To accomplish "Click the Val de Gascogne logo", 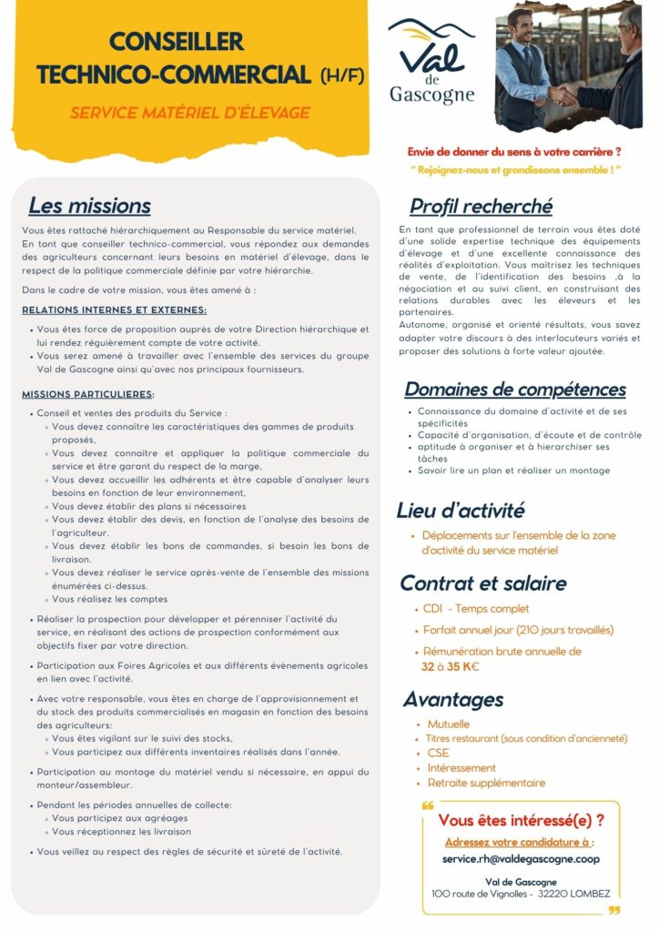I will pos(431,64).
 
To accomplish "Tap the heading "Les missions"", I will pos(89,206).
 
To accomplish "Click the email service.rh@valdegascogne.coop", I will pos(521,858).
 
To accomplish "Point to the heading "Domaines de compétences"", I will pos(515,390).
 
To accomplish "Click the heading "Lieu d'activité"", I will pos(461,510).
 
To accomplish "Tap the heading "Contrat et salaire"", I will pos(483,582).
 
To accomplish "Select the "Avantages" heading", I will pos(453,699).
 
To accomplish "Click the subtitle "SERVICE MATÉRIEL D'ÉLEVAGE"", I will pos(190,113).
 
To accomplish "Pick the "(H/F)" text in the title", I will pos(343,76).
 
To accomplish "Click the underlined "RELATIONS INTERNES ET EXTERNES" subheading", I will pos(114,310).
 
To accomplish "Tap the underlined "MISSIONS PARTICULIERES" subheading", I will pos(87,394).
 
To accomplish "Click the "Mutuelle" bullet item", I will pos(449,724).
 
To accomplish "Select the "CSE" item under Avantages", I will pos(438,753).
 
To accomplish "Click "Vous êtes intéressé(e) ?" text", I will pos(521,820).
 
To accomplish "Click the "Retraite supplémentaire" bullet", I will pos(486,783).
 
